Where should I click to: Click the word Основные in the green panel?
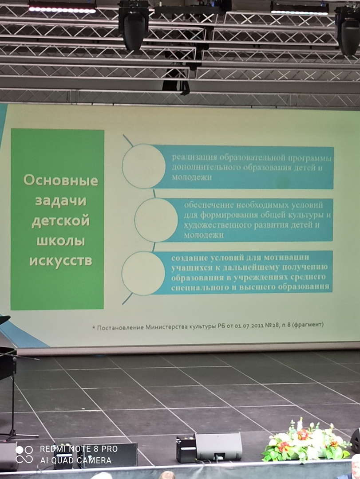(x=61, y=180)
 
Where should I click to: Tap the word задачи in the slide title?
(x=60, y=201)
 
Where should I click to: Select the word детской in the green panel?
(x=60, y=220)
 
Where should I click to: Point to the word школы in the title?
(x=60, y=241)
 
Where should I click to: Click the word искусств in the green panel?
(x=60, y=261)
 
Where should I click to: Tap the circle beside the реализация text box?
(x=144, y=166)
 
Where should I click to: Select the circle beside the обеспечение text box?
(x=156, y=220)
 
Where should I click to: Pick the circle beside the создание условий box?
(x=143, y=273)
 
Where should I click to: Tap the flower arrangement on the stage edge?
(x=306, y=440)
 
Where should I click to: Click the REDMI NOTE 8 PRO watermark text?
(x=79, y=449)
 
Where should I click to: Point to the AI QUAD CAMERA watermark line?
(x=75, y=460)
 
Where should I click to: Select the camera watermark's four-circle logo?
(x=24, y=455)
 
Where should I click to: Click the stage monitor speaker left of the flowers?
(x=219, y=446)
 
